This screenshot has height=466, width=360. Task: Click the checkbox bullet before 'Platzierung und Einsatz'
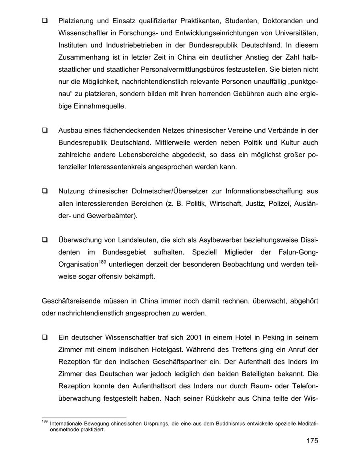coord(45,20)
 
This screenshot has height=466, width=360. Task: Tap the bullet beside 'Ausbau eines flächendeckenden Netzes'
coord(45,131)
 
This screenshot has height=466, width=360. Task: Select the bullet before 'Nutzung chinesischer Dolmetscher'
coord(45,191)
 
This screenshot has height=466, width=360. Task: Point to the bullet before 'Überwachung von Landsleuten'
coord(45,240)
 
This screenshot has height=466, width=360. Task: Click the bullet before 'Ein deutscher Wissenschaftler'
coord(45,337)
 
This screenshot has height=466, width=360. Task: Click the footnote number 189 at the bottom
coord(44,422)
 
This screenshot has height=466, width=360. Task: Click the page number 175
coord(312,441)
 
